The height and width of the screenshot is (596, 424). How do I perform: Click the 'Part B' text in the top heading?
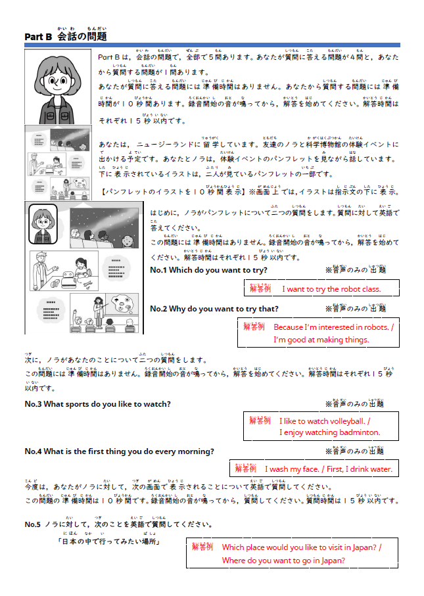point(37,37)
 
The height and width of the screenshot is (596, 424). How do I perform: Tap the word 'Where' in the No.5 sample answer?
point(234,561)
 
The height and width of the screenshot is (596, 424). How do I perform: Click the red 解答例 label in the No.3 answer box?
point(260,421)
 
